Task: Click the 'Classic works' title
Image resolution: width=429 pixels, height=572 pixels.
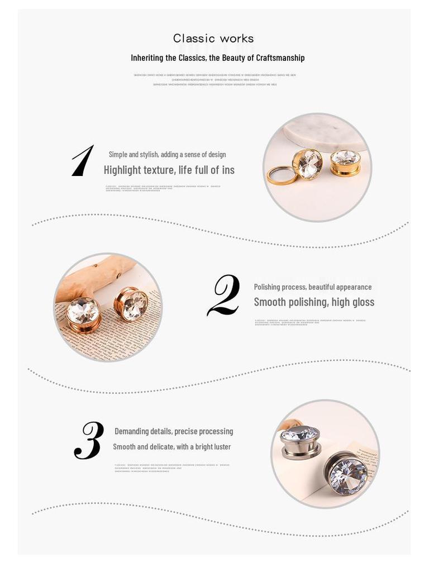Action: pos(213,39)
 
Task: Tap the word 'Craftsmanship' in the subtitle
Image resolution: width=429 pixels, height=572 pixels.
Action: pos(280,58)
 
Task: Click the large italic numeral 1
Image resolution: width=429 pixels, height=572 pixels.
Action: pos(83,161)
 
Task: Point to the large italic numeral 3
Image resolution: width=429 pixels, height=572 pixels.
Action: pos(89,441)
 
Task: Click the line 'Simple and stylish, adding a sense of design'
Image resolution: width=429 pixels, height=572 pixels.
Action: pos(167,154)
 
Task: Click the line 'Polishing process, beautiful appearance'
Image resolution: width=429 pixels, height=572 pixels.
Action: pos(312,287)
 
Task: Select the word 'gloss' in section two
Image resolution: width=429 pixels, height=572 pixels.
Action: pos(363,302)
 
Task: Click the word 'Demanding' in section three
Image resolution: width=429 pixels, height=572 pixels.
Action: pos(132,431)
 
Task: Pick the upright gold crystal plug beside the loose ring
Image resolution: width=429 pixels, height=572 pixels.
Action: pos(307,164)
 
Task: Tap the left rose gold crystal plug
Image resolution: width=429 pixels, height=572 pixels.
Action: pos(83,313)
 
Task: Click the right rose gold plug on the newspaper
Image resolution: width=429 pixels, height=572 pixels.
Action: pos(131,304)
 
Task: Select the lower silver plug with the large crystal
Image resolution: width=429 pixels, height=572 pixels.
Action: pos(346,473)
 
